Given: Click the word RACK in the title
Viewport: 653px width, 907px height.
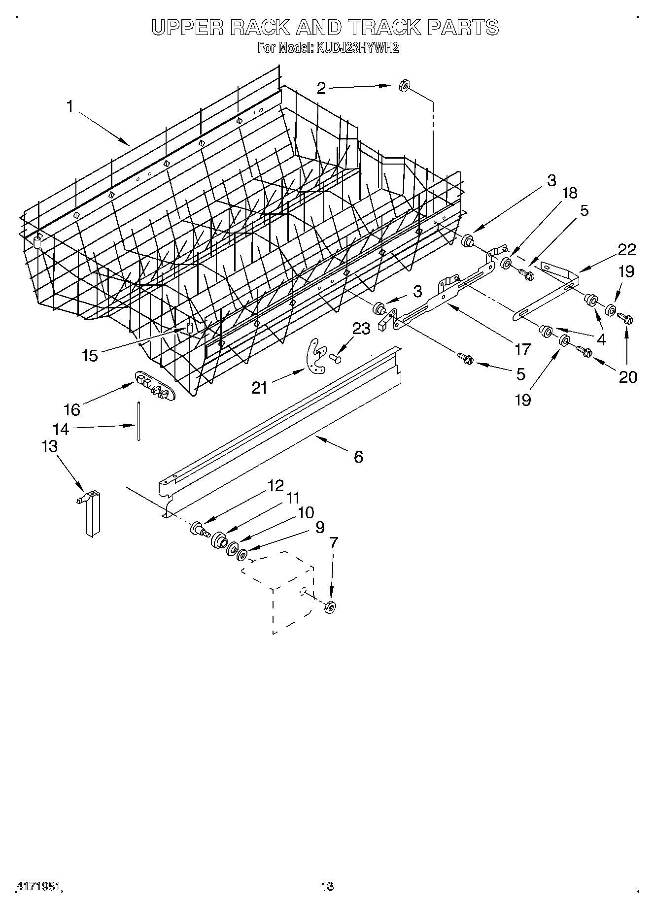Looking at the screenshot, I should (x=259, y=28).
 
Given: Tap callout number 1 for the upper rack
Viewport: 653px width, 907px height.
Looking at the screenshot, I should (x=70, y=106).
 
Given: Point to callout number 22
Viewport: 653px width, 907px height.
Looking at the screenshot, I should (x=627, y=250).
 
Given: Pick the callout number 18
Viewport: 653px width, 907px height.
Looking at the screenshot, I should (x=569, y=193).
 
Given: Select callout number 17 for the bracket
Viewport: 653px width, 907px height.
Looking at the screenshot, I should (x=522, y=350).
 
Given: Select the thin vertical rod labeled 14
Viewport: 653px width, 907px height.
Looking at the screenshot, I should (x=139, y=421).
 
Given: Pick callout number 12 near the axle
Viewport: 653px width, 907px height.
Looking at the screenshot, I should (x=276, y=486).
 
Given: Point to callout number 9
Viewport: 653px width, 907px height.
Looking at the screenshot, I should (x=320, y=528).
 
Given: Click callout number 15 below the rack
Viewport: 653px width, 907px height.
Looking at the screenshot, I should (x=90, y=355).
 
